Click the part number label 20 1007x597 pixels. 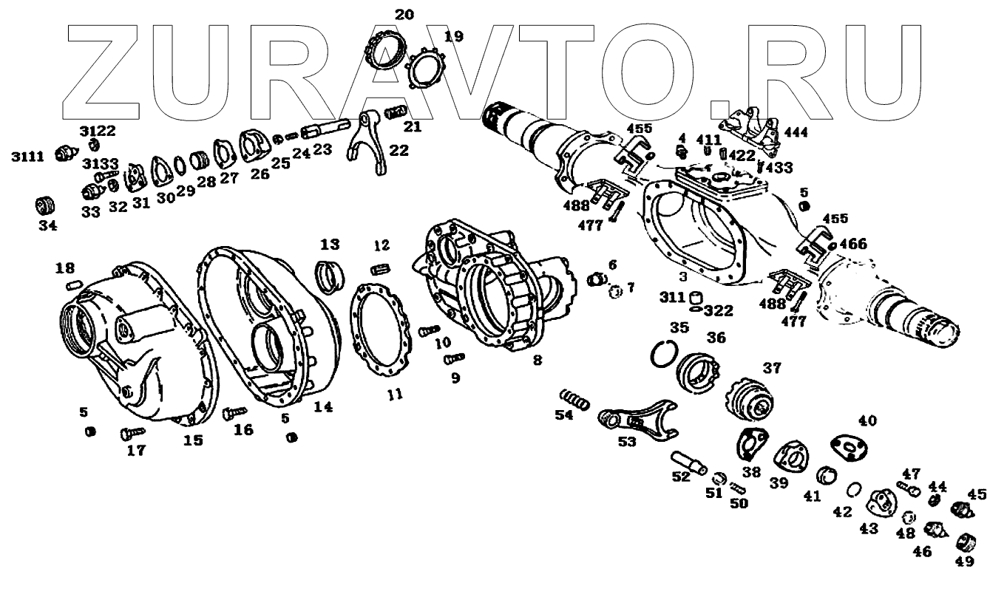[x=404, y=14]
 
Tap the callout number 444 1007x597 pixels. [x=796, y=132]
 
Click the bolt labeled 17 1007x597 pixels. [x=130, y=431]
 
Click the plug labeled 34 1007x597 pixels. [x=47, y=204]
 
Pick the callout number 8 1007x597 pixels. [x=538, y=361]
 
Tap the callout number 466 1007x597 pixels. [x=852, y=243]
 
